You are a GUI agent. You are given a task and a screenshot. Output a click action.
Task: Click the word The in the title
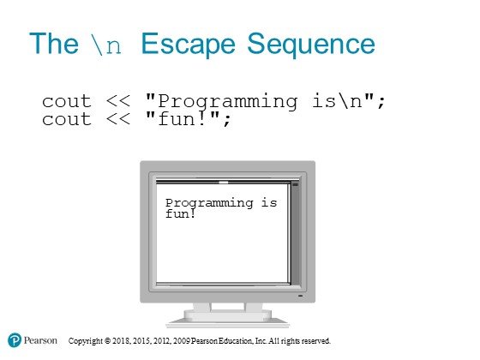[54, 44]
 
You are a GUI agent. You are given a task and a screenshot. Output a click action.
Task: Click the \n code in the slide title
[106, 45]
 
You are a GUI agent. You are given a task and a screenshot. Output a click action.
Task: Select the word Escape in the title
[188, 45]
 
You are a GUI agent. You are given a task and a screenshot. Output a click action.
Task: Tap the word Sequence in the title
[310, 45]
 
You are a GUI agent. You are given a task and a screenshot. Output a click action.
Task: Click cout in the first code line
[67, 101]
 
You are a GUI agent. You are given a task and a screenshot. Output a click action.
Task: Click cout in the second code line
[67, 119]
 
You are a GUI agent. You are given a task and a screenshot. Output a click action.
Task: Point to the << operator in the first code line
[118, 101]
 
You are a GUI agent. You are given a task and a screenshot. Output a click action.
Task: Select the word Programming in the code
[227, 102]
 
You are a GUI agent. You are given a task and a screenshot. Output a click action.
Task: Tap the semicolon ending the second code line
[226, 121]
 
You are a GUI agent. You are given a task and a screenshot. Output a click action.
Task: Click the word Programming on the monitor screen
[209, 204]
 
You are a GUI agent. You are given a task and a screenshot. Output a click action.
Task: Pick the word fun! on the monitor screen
[180, 213]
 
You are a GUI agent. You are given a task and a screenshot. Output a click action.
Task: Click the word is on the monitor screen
[269, 202]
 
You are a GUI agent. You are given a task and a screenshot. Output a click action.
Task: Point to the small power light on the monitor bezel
[300, 296]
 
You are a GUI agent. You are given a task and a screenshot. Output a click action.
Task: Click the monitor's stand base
[227, 319]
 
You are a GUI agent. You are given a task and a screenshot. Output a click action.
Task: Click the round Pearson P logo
[15, 340]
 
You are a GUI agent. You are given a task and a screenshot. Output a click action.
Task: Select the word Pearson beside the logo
[40, 340]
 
